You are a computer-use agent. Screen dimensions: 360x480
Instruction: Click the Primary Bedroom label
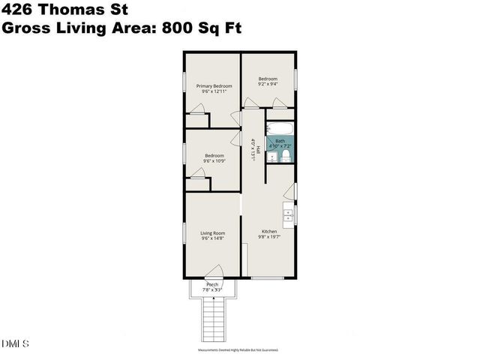point(214,86)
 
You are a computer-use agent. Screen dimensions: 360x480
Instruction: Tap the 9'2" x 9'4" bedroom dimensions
point(268,85)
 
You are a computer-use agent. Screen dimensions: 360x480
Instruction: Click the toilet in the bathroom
point(286,155)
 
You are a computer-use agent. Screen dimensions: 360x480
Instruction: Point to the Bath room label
point(280,140)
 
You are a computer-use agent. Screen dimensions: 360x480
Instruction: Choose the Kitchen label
point(268,231)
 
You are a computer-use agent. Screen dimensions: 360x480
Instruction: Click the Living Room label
point(213,233)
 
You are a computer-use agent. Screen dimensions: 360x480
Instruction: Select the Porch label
point(212,284)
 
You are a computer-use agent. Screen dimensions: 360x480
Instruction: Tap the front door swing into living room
point(214,271)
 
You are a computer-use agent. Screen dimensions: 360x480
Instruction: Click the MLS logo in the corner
point(15,343)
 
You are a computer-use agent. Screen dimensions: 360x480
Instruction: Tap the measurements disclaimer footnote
point(238,349)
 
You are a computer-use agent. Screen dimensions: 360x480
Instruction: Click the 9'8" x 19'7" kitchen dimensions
point(268,237)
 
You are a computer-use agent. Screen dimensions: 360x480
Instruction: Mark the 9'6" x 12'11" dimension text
point(214,91)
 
